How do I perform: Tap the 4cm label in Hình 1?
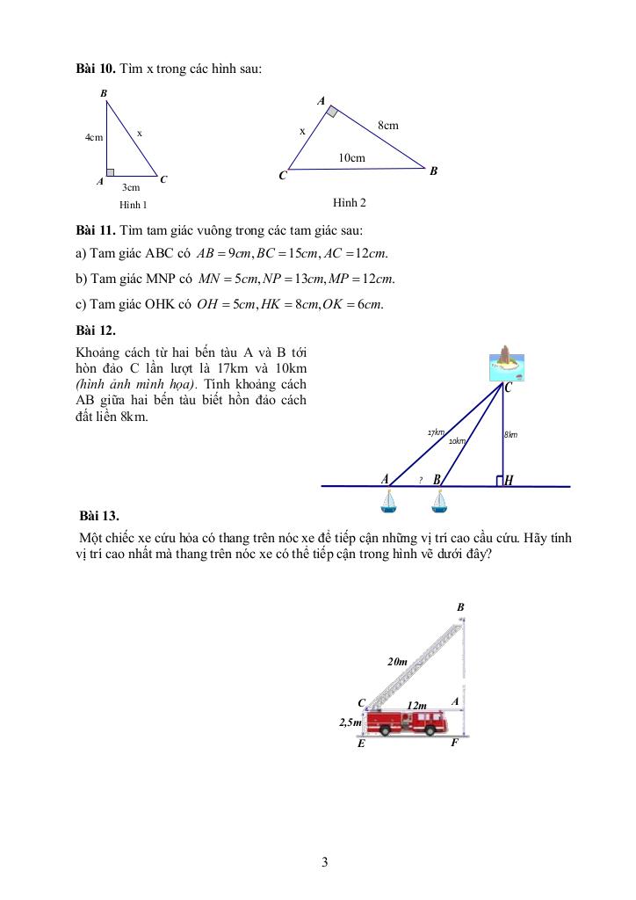[93, 138]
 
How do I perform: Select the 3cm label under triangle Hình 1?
[131, 187]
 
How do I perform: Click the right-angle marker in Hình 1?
[111, 172]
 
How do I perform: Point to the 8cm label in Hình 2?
[387, 126]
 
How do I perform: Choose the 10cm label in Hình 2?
[351, 158]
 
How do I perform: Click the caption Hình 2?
[349, 203]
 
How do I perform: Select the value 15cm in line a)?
[303, 255]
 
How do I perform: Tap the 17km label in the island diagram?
[436, 432]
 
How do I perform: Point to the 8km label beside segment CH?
[510, 434]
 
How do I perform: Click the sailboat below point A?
[388, 502]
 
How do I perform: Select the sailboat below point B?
[440, 502]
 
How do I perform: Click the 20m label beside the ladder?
[398, 661]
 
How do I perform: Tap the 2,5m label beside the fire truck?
[351, 722]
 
